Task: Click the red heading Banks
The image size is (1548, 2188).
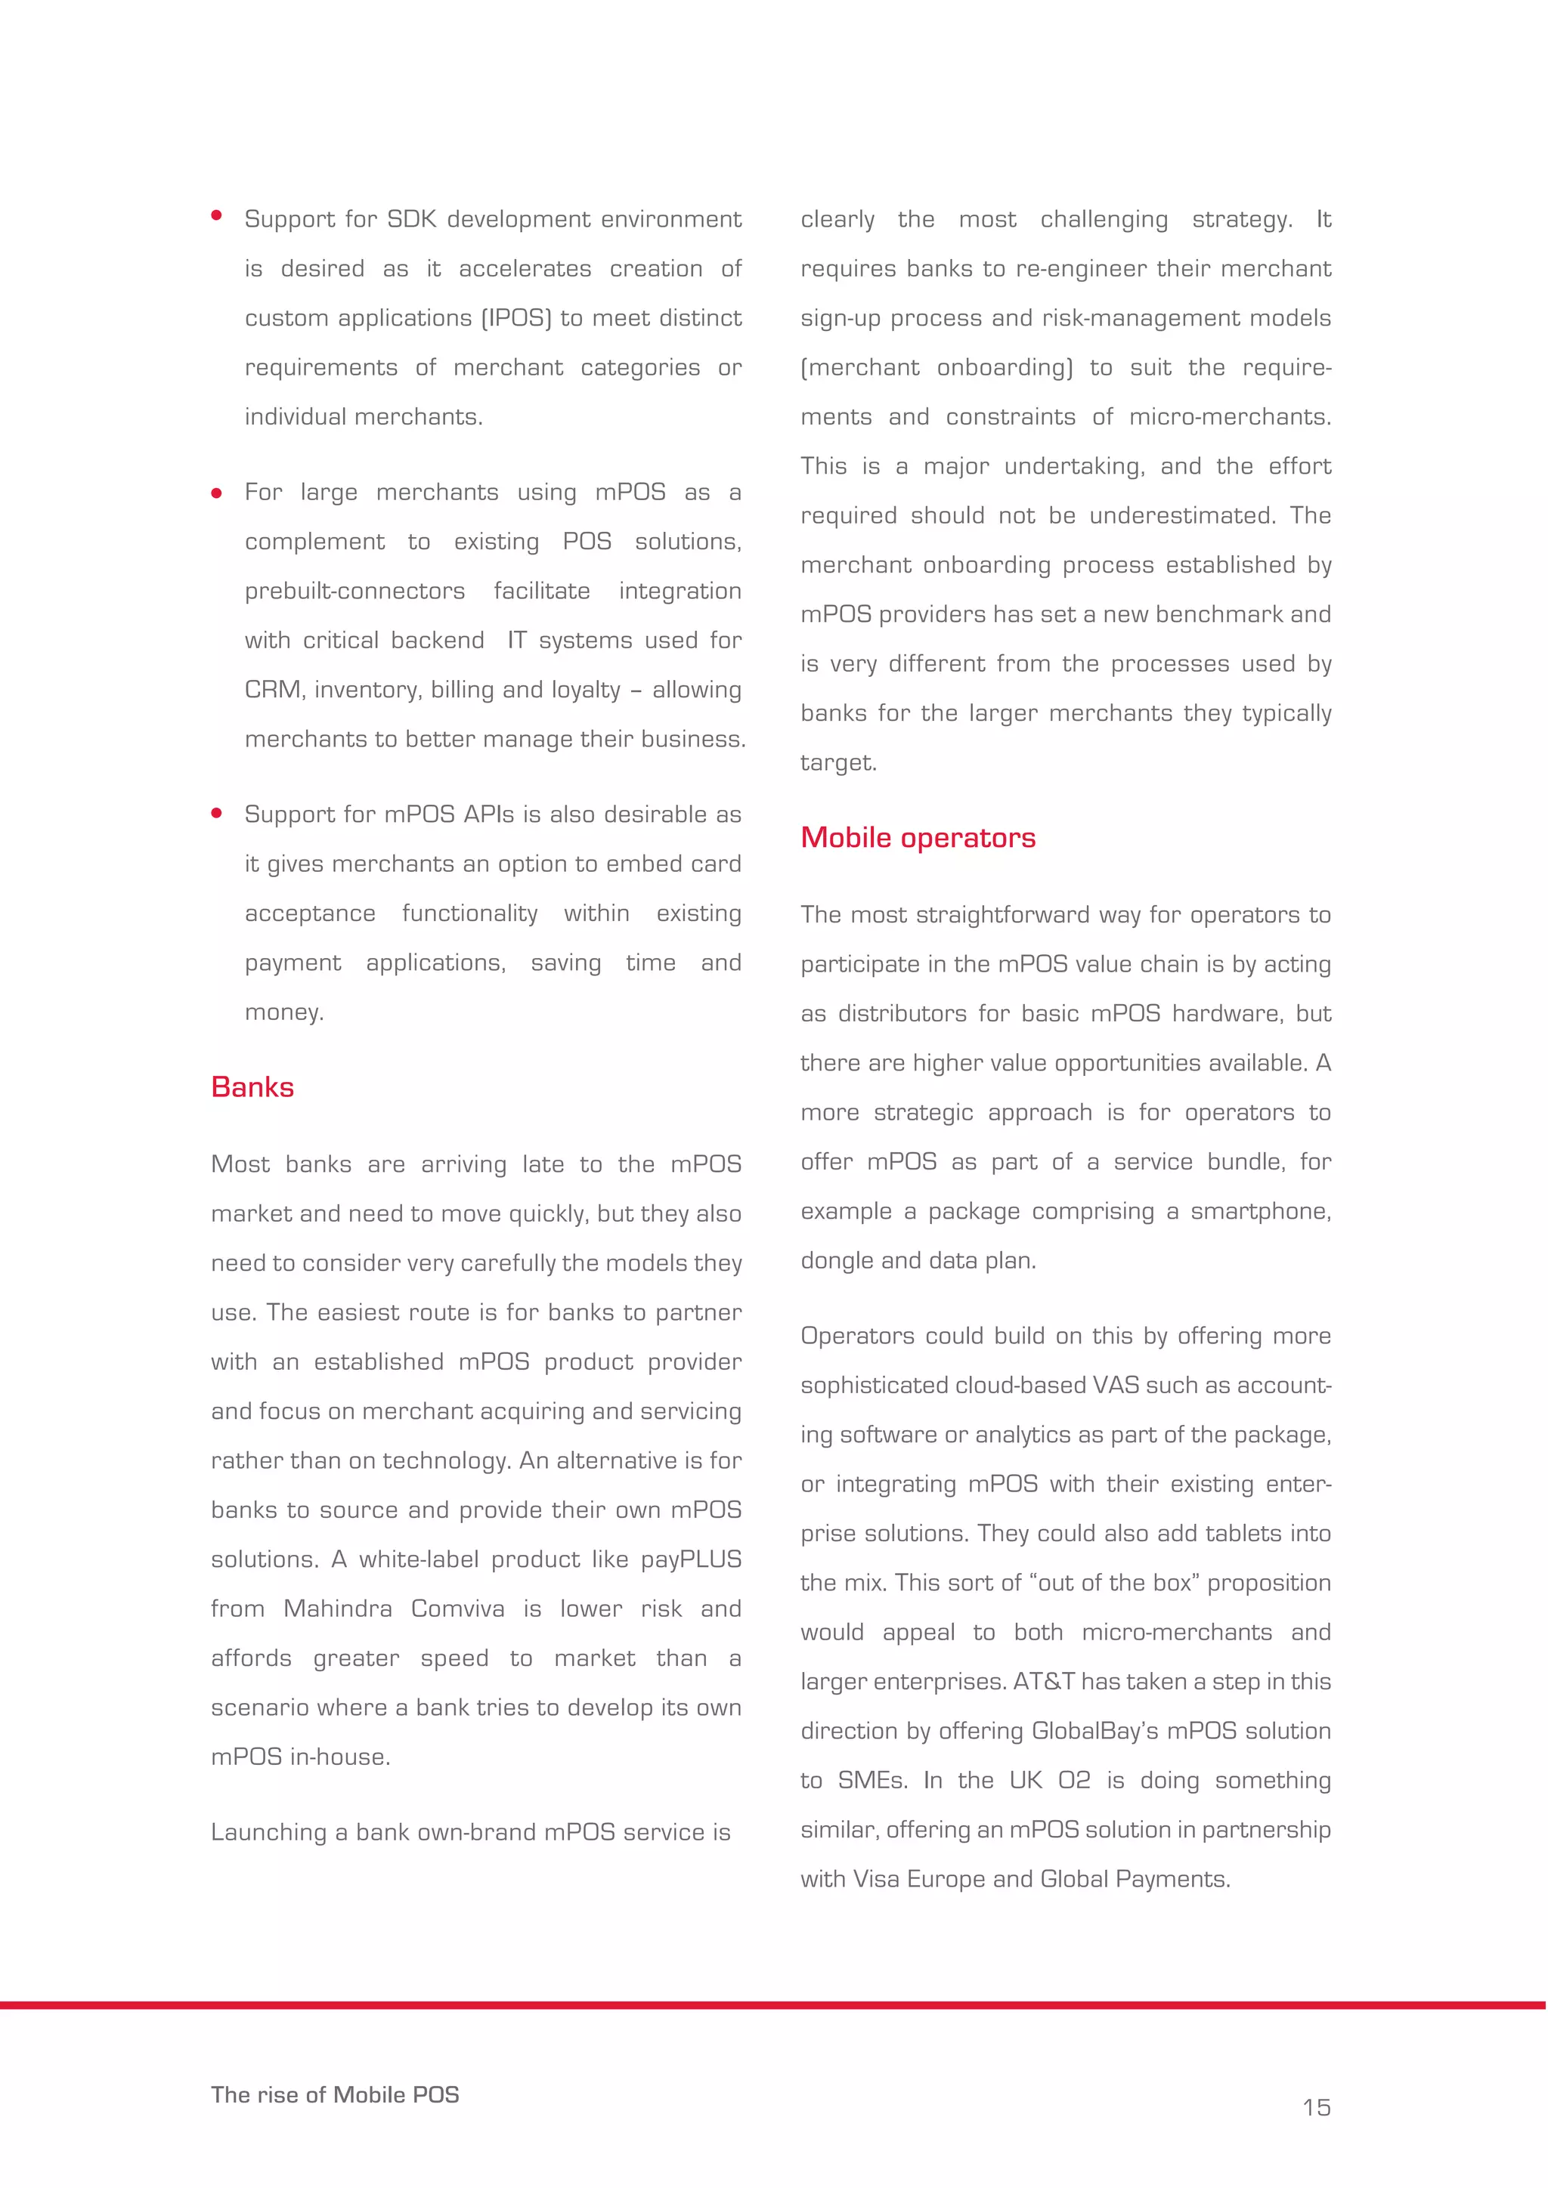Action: (252, 1087)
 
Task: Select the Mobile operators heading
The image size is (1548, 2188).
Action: (917, 838)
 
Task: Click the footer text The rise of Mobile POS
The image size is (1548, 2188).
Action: (335, 2094)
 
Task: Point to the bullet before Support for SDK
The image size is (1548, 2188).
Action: (216, 216)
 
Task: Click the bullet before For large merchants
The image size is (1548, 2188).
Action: (216, 493)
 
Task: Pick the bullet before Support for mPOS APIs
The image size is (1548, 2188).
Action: (216, 813)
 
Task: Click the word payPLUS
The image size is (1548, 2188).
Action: (691, 1559)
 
